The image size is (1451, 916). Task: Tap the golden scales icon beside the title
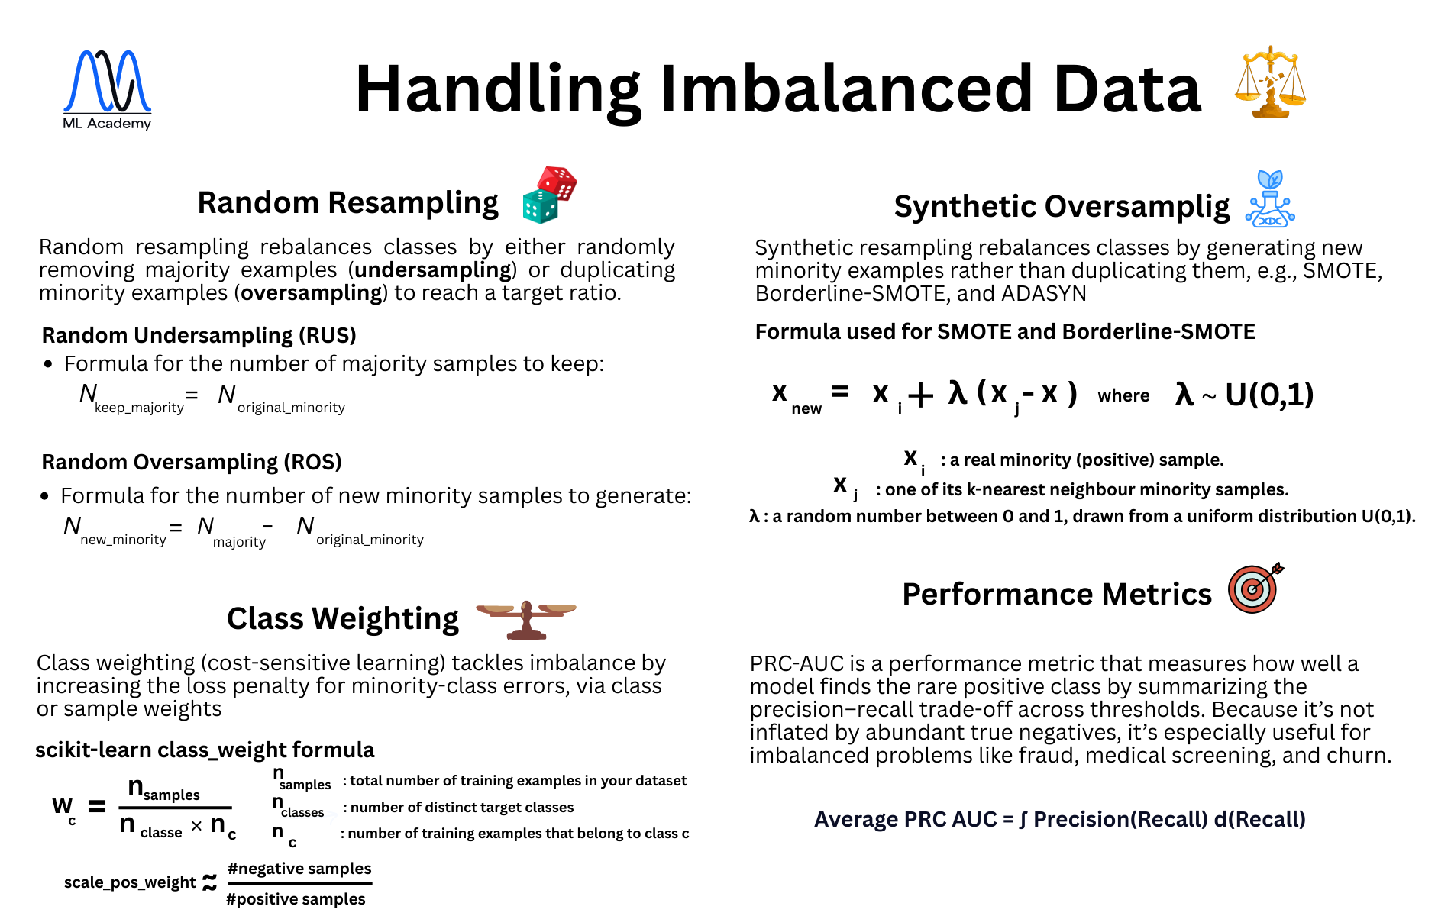1269,82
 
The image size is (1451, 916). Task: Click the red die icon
558,182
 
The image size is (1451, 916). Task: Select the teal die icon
540,206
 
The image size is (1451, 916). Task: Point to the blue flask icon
1269,200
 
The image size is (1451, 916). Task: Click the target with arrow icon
1254,588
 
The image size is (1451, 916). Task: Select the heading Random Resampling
347,203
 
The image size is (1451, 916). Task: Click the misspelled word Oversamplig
1137,207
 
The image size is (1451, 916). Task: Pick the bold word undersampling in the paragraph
433,270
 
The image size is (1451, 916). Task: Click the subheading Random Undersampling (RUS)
199,335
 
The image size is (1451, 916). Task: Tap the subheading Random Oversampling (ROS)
191,462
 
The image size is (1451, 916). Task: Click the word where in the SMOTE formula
1123,395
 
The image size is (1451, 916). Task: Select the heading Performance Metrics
1056,594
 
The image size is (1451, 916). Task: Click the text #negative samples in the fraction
299,869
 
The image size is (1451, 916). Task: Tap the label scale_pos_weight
130,882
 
